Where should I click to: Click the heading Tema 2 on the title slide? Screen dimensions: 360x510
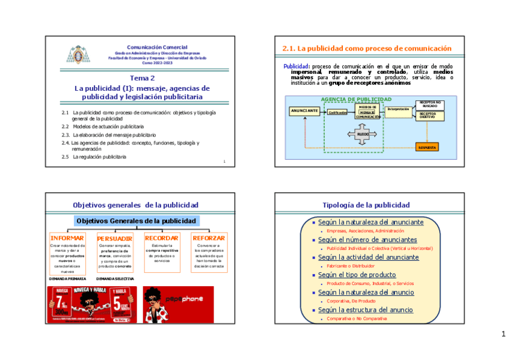click(143, 78)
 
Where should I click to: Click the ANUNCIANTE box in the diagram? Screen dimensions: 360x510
click(304, 111)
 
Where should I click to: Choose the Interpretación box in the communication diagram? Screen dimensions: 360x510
click(398, 109)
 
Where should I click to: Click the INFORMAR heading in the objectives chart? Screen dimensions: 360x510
click(67, 238)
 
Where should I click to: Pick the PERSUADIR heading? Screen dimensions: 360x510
click(114, 239)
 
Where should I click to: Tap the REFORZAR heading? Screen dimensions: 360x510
click(208, 238)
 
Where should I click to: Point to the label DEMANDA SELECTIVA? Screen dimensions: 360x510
click(115, 279)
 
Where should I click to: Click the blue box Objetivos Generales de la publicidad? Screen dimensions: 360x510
click(137, 221)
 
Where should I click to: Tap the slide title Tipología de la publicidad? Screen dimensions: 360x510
click(366, 205)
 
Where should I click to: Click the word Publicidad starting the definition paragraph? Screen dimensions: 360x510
click(296, 66)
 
